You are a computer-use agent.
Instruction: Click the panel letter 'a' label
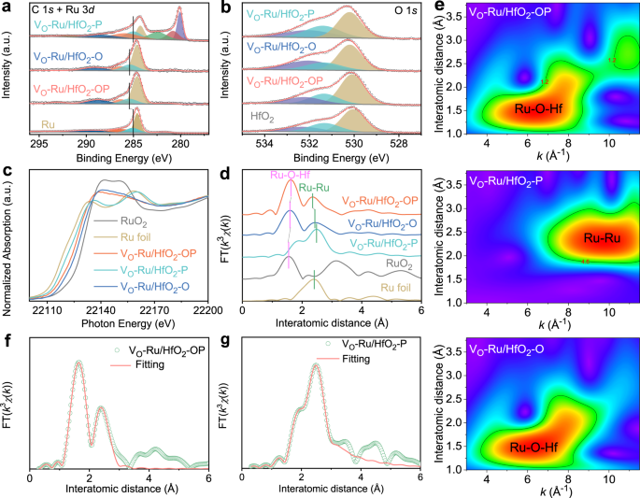7,7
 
